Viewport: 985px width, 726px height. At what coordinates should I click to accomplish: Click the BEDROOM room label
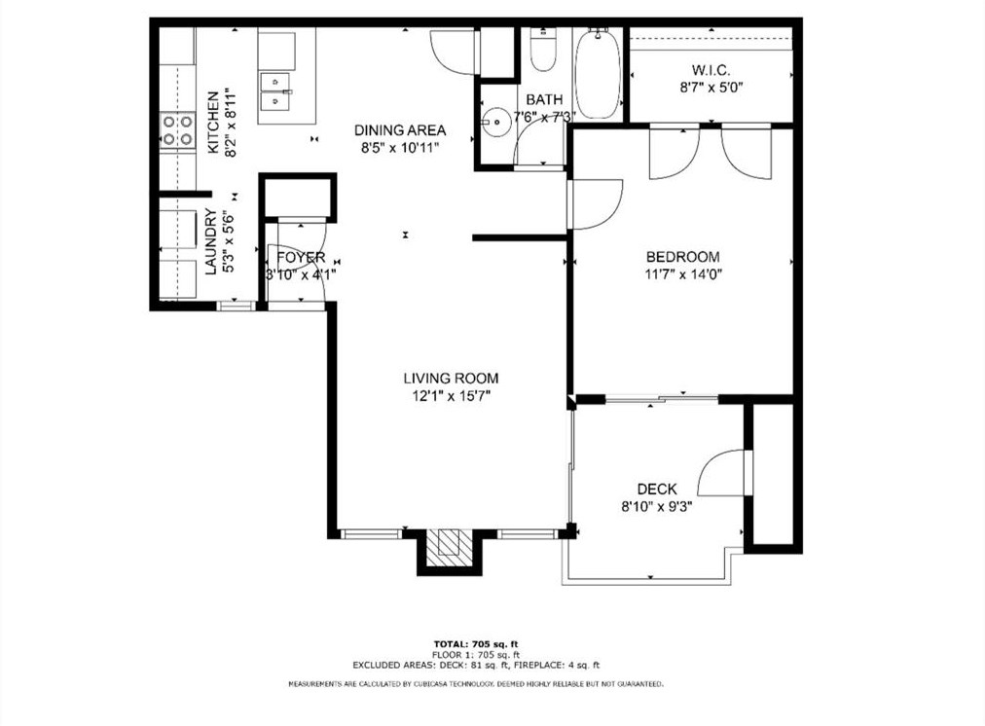pos(683,257)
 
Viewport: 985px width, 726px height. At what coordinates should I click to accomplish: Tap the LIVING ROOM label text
pos(451,379)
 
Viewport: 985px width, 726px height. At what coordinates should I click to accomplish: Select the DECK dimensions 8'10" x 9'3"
pos(657,506)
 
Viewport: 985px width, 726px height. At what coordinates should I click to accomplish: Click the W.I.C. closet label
pos(711,70)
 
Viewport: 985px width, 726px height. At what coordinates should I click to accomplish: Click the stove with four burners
pos(177,130)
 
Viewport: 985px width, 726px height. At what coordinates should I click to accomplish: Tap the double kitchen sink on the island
pos(278,90)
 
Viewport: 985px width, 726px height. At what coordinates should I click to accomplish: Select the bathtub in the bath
pos(597,73)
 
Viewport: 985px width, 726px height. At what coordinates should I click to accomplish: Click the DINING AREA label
pos(400,130)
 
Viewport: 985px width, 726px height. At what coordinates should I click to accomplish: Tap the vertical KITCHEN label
pos(212,121)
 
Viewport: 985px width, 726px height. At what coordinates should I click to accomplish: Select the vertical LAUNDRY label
pos(211,242)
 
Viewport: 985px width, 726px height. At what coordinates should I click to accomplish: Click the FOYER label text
pos(300,257)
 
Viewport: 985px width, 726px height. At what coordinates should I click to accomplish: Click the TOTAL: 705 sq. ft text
pos(476,644)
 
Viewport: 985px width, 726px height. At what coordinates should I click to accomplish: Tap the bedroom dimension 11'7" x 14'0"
pos(683,273)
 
